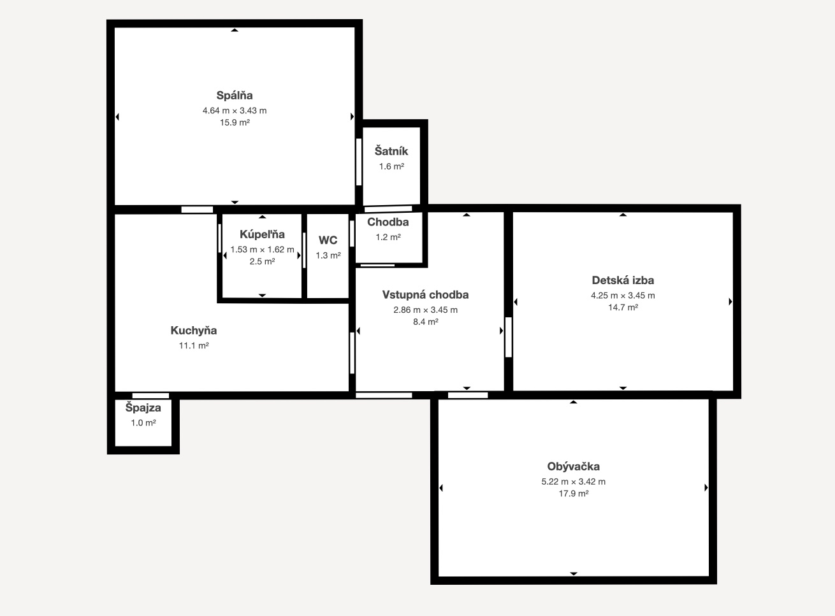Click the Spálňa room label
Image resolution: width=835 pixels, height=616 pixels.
(234, 96)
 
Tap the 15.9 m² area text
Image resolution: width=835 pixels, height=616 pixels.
(235, 122)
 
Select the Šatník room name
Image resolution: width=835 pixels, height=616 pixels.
(391, 151)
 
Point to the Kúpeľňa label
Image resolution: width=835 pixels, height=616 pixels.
(262, 234)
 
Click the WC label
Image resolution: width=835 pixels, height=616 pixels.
(328, 240)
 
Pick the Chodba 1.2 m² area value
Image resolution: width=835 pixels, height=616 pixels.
(388, 237)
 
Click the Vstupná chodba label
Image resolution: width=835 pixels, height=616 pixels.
(425, 295)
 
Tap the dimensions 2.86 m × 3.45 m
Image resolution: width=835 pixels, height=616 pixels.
(425, 310)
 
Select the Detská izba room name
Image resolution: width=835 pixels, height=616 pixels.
(623, 280)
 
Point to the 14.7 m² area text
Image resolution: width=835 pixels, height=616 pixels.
(623, 308)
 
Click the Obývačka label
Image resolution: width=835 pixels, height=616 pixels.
(574, 466)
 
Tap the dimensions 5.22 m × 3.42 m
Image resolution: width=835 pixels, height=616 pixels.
(574, 482)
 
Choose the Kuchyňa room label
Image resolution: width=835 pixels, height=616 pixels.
(194, 331)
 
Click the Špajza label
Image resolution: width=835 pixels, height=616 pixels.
(143, 408)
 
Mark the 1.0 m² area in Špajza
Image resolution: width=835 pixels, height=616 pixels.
(143, 422)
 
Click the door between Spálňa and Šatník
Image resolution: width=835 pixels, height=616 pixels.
(359, 162)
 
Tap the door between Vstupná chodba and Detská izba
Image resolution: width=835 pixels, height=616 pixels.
(508, 337)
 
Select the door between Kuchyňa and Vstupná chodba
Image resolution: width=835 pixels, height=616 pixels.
(352, 353)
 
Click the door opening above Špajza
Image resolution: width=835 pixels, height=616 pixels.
(150, 396)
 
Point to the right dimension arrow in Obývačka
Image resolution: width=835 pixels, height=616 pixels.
(706, 488)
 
